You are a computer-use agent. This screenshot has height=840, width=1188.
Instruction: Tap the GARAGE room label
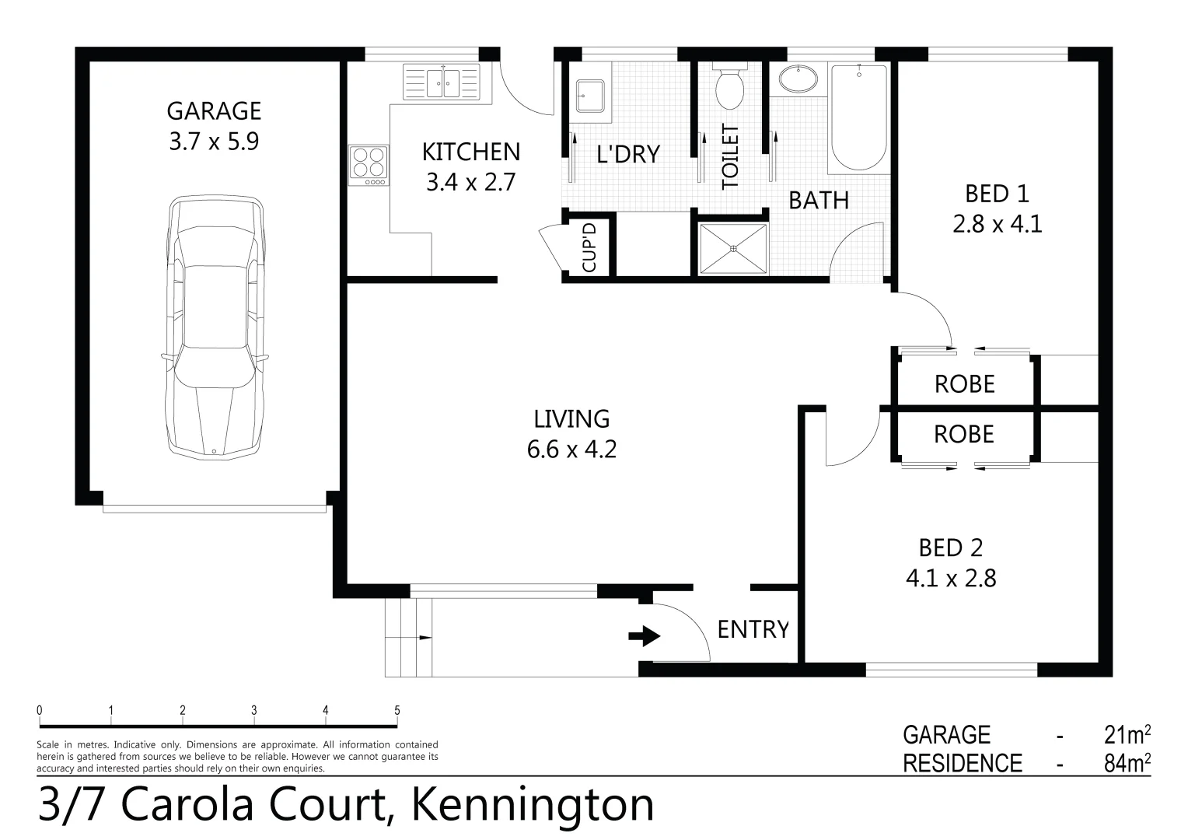pyautogui.click(x=214, y=111)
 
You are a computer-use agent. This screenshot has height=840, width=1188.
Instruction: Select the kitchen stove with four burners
pyautogui.click(x=368, y=164)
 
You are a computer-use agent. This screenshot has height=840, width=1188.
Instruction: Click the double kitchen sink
pyautogui.click(x=442, y=82)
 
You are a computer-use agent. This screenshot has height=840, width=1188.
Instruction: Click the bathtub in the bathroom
pyautogui.click(x=858, y=117)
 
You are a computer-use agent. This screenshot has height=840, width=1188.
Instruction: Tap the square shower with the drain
pyautogui.click(x=733, y=249)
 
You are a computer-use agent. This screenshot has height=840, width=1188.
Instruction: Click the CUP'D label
pyautogui.click(x=589, y=248)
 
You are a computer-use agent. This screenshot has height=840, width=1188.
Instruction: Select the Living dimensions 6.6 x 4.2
pyautogui.click(x=571, y=450)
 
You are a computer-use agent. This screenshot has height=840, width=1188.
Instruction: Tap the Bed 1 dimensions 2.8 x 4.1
pyautogui.click(x=997, y=225)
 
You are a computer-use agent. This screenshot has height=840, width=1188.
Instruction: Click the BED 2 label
pyautogui.click(x=950, y=548)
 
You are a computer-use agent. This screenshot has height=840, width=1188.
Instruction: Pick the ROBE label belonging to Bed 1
pyautogui.click(x=964, y=383)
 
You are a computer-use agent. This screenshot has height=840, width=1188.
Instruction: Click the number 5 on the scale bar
pyautogui.click(x=397, y=710)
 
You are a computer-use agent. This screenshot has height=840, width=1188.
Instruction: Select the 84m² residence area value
pyautogui.click(x=1127, y=763)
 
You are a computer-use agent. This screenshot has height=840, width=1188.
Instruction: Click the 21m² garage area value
pyautogui.click(x=1127, y=735)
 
